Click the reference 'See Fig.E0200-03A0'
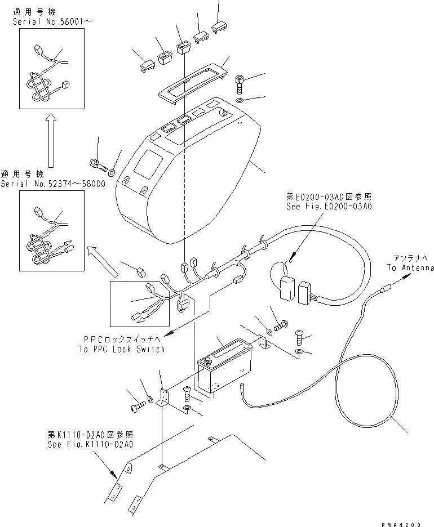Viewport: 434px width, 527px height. [329, 207]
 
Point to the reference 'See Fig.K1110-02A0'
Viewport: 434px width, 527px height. [90, 444]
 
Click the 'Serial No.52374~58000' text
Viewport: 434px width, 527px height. [52, 184]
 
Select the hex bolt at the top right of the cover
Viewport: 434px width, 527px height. [240, 83]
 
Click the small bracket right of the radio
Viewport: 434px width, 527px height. [263, 345]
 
